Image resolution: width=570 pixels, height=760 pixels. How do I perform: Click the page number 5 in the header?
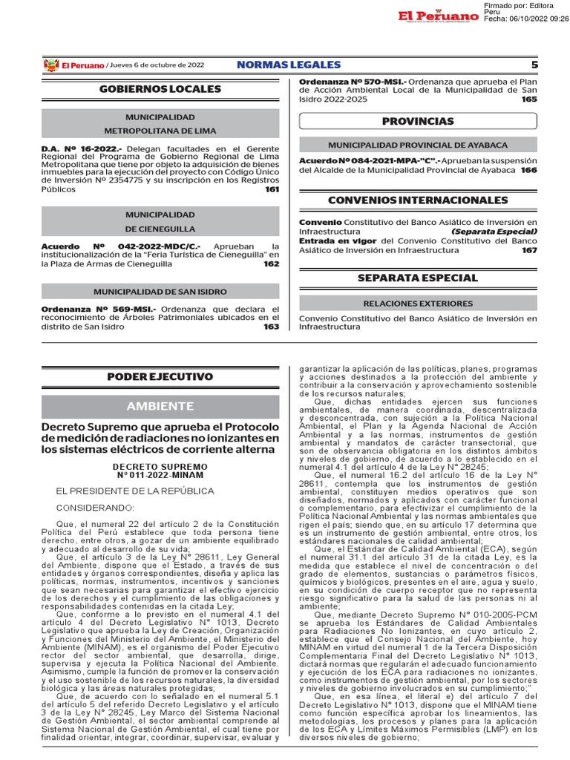534,65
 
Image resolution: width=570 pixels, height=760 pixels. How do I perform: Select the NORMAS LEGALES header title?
289,65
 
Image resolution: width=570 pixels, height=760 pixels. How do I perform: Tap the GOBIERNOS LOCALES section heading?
160,89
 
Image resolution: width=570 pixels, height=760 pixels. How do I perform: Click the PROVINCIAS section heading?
418,121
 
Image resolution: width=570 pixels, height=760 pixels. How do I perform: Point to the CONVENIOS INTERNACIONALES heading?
418,200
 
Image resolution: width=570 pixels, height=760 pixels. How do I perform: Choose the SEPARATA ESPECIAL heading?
418,278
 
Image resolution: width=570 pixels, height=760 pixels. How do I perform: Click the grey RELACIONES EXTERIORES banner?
418,303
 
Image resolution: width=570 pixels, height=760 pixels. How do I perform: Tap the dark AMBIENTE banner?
160,406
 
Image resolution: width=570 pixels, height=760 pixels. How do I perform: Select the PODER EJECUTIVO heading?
160,377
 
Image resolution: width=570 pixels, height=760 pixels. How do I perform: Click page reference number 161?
272,189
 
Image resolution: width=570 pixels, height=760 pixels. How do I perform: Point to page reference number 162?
272,263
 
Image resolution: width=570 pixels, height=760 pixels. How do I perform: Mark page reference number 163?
272,326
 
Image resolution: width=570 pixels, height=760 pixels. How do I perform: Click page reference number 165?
528,99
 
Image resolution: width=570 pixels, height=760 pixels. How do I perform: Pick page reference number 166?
528,170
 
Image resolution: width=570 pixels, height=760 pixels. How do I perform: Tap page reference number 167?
528,250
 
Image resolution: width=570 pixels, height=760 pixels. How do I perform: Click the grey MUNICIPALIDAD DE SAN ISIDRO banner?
160,292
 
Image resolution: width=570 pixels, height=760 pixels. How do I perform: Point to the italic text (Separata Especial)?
494,231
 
